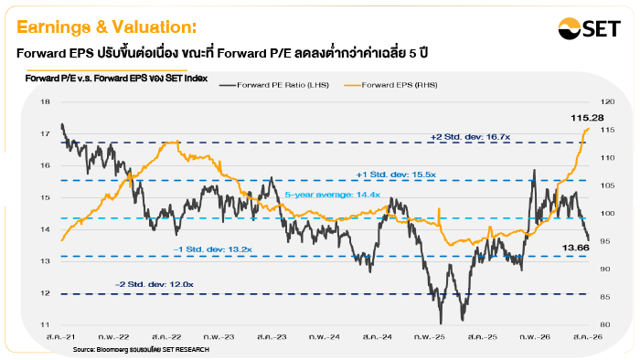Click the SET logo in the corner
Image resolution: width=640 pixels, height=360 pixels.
589,28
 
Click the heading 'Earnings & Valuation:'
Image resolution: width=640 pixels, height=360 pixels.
107,27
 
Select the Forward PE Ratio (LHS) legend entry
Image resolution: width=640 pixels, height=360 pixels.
274,85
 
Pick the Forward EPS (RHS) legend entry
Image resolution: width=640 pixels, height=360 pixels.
390,85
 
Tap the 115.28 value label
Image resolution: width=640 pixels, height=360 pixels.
587,118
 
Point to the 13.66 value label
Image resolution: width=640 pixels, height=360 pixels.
575,248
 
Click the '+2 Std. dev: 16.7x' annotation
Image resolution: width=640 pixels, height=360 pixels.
470,137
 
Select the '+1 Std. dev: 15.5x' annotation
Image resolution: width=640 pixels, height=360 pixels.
396,175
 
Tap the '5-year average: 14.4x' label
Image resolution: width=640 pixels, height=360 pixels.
332,195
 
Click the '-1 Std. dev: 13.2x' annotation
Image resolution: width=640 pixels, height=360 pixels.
213,249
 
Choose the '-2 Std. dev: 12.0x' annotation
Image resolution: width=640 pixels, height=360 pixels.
155,284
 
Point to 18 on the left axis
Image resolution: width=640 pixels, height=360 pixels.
45,101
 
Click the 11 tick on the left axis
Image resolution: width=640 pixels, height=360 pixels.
45,325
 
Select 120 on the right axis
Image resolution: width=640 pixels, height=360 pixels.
607,101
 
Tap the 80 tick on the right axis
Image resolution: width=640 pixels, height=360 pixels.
605,325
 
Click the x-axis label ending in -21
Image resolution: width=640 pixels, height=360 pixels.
61,337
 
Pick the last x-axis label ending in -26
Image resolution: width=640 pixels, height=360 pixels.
588,337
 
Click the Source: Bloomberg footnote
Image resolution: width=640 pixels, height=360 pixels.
141,349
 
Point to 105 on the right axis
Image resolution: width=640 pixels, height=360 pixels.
607,185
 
